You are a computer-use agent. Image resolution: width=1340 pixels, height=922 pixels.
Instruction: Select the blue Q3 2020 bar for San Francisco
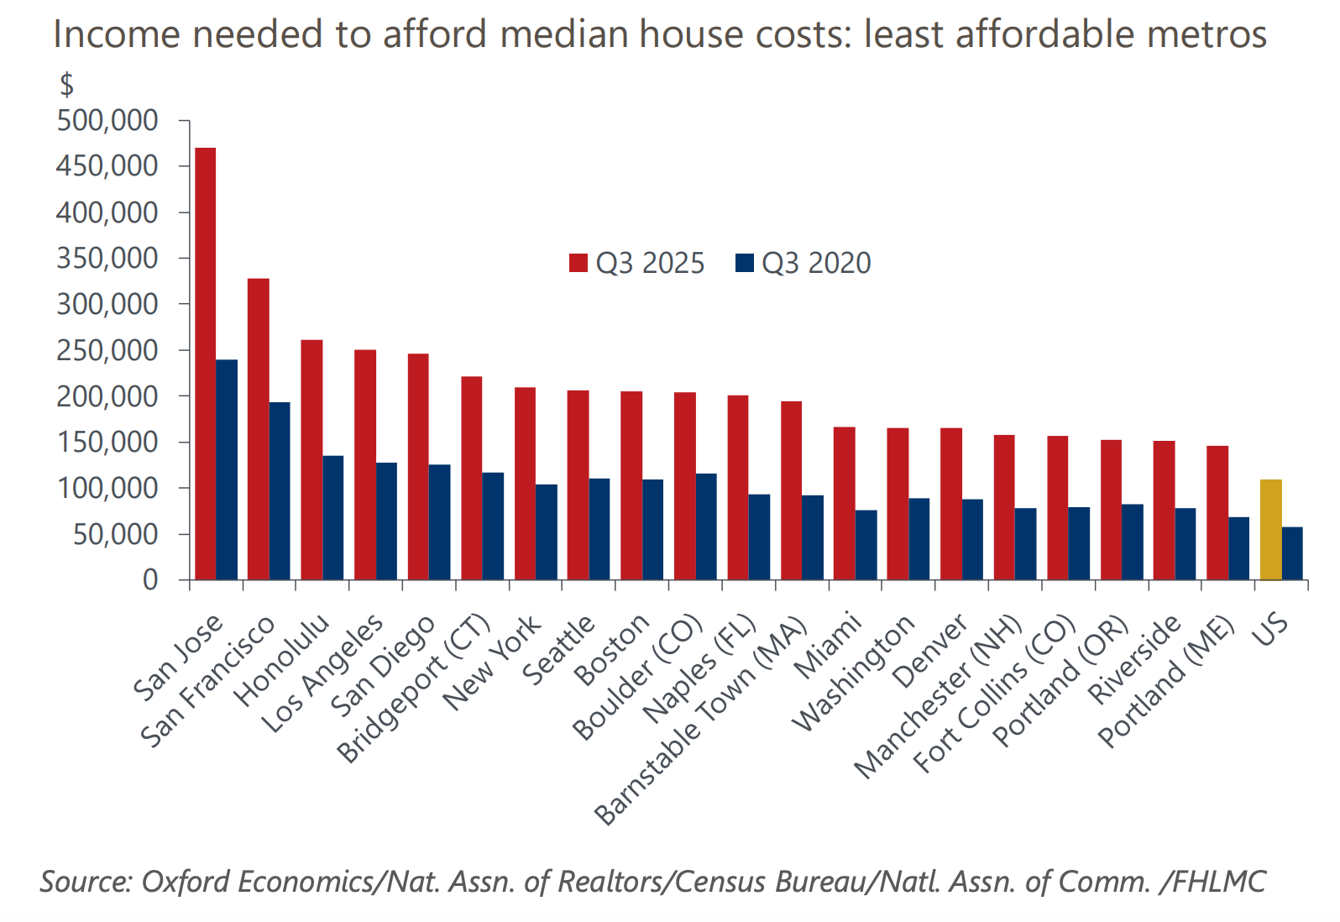(280, 490)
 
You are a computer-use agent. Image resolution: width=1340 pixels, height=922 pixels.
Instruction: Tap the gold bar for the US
(1270, 529)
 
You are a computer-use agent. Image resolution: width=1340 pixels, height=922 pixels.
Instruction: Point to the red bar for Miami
(844, 503)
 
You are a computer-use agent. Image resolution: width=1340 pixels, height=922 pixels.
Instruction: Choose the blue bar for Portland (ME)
(1239, 547)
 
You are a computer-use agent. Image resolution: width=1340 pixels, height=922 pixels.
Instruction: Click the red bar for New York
(525, 483)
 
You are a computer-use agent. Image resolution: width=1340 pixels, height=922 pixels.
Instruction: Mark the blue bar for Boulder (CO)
(706, 526)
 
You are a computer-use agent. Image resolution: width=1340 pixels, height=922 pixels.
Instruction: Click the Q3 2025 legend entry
(638, 263)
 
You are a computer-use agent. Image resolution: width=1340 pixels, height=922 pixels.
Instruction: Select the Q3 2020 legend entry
(804, 263)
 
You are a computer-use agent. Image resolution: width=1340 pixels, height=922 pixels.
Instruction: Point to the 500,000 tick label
(107, 121)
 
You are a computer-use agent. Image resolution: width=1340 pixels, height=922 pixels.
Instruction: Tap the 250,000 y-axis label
(107, 350)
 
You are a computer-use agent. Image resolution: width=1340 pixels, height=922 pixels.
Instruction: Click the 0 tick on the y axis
(149, 579)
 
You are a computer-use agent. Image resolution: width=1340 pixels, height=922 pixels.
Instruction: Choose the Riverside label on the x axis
(1134, 659)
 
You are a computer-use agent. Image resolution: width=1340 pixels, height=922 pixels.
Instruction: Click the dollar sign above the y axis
(66, 85)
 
